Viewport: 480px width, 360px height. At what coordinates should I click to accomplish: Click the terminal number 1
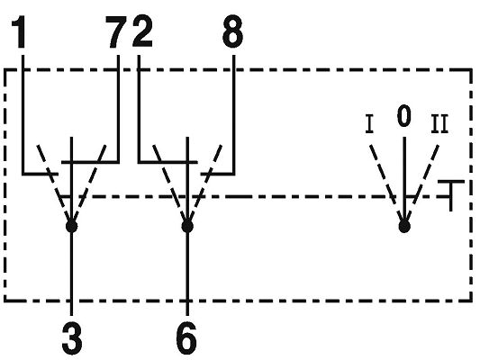(19, 32)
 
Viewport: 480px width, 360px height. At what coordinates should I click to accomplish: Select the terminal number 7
(116, 32)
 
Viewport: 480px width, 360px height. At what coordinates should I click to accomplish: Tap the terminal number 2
(142, 31)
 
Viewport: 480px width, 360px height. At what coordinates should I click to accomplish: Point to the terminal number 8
(232, 31)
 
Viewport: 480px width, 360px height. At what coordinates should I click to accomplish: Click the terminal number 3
(72, 339)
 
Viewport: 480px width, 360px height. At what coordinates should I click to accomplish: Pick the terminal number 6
(186, 339)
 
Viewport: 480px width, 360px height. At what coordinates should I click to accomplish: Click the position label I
(369, 124)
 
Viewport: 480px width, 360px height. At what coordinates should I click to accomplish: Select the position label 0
(403, 115)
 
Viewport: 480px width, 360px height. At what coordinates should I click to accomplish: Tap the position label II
(439, 124)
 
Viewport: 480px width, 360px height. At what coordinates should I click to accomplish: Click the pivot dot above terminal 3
(72, 227)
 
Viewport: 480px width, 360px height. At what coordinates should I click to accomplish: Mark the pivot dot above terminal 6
(187, 227)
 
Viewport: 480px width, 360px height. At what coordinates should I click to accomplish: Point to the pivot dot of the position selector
(404, 227)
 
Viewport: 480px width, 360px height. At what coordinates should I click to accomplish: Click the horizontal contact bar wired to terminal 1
(41, 174)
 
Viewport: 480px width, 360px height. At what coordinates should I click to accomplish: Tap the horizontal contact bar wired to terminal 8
(218, 174)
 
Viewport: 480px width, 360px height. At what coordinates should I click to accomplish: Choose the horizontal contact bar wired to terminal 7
(90, 162)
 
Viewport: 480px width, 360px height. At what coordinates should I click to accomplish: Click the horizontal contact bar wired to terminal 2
(168, 162)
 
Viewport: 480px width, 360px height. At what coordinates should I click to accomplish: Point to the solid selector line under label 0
(404, 181)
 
